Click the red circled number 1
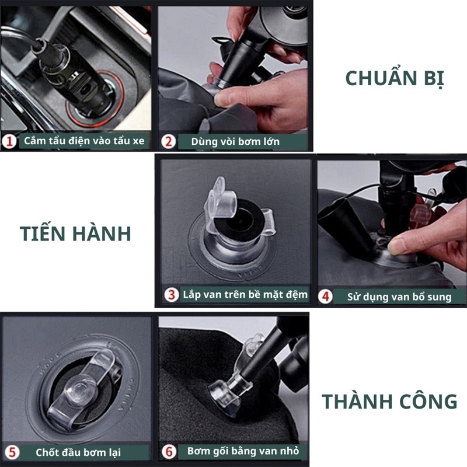9,141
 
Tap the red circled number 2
168,141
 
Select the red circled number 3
172,295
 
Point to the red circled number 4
325,297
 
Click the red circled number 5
12,452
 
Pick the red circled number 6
169,451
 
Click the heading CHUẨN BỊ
395,79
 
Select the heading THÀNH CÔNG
389,401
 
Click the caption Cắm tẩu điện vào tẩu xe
84,141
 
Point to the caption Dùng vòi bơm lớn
235,141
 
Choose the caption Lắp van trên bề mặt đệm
245,295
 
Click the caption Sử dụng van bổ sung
399,297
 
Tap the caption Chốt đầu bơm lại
78,452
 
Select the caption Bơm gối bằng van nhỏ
243,451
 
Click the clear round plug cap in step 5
80,390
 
